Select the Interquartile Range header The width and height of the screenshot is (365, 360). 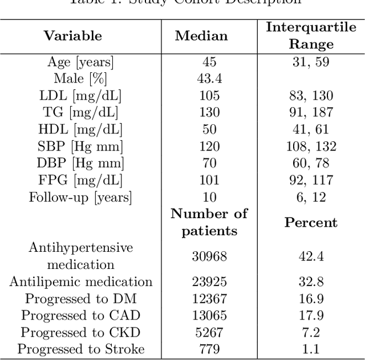311,35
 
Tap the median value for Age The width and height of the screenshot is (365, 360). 209,62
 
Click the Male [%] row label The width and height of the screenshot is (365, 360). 80,79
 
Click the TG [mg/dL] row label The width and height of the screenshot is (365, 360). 80,112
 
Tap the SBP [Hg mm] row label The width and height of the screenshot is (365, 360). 80,146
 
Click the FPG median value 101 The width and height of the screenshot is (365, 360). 209,181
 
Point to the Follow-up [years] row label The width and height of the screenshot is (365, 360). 80,198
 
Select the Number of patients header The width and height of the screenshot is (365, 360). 209,222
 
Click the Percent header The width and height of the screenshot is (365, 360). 311,222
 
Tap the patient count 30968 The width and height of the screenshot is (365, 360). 209,256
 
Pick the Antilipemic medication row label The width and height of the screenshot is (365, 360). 80,282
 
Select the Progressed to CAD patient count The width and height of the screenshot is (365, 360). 209,316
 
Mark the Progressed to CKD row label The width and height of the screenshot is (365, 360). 80,333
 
